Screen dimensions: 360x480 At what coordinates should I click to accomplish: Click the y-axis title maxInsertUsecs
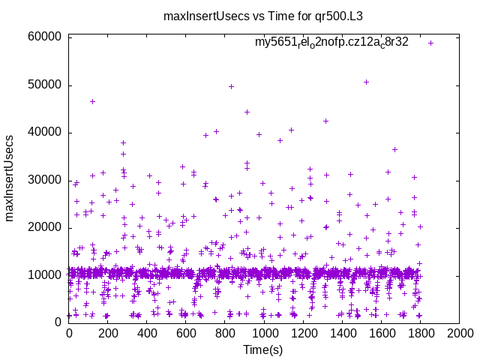[10, 178]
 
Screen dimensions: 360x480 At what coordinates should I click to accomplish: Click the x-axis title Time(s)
[264, 349]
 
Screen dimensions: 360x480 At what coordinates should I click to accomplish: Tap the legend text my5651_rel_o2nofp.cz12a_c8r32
[331, 43]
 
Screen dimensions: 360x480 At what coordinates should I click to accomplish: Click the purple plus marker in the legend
[431, 43]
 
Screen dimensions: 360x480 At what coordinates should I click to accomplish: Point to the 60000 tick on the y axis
[43, 37]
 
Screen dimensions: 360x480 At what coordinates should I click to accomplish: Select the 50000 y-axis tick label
[43, 85]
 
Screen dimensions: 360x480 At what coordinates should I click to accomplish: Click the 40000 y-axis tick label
[43, 132]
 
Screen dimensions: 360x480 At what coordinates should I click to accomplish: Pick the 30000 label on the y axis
[43, 180]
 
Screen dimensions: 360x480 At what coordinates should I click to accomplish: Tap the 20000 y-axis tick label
[43, 227]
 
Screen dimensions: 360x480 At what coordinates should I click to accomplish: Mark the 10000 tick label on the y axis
[43, 274]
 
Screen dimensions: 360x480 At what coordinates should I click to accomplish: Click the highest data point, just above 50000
[366, 82]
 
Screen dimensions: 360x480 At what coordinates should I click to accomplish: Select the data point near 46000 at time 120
[92, 101]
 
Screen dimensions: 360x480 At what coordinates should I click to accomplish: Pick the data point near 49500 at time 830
[231, 86]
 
